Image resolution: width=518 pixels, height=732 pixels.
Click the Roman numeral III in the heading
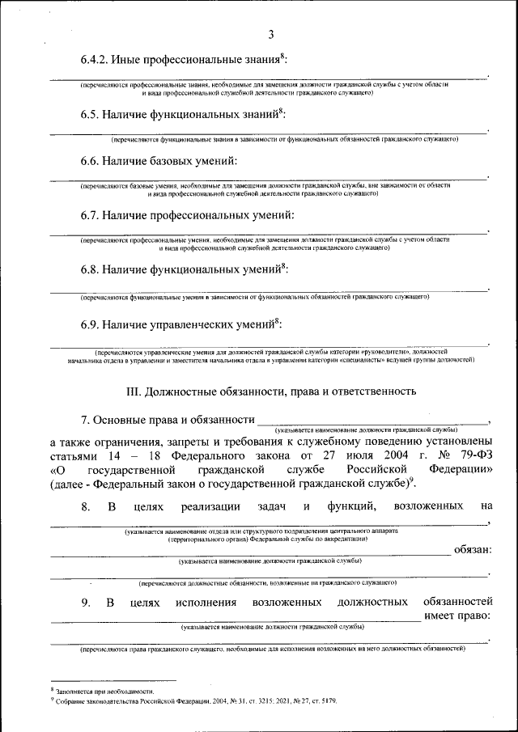(x=134, y=391)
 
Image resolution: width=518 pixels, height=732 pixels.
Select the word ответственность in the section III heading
(x=377, y=391)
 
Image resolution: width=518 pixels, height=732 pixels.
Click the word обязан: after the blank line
(x=473, y=550)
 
